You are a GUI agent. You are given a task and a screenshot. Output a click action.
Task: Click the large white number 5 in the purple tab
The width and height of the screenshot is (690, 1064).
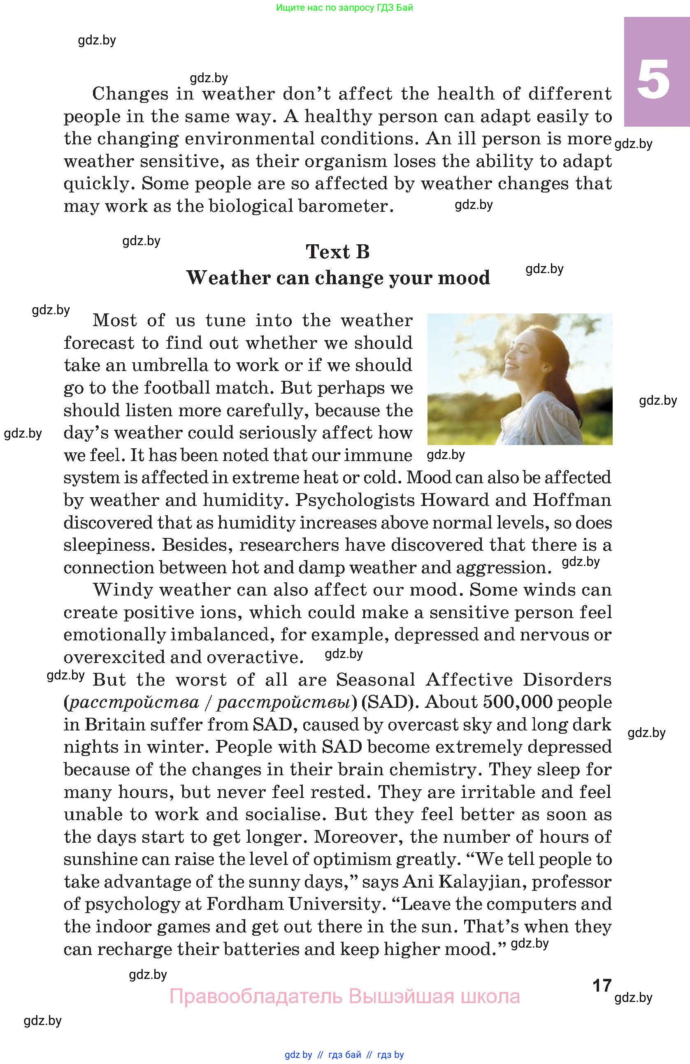pyautogui.click(x=653, y=79)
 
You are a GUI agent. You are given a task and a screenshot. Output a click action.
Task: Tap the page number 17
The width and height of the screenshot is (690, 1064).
pyautogui.click(x=602, y=985)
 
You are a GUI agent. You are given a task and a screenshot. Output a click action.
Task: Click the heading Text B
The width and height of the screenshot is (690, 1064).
pyautogui.click(x=338, y=252)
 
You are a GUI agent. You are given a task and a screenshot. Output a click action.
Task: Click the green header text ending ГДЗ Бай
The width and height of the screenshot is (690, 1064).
pyautogui.click(x=344, y=7)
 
